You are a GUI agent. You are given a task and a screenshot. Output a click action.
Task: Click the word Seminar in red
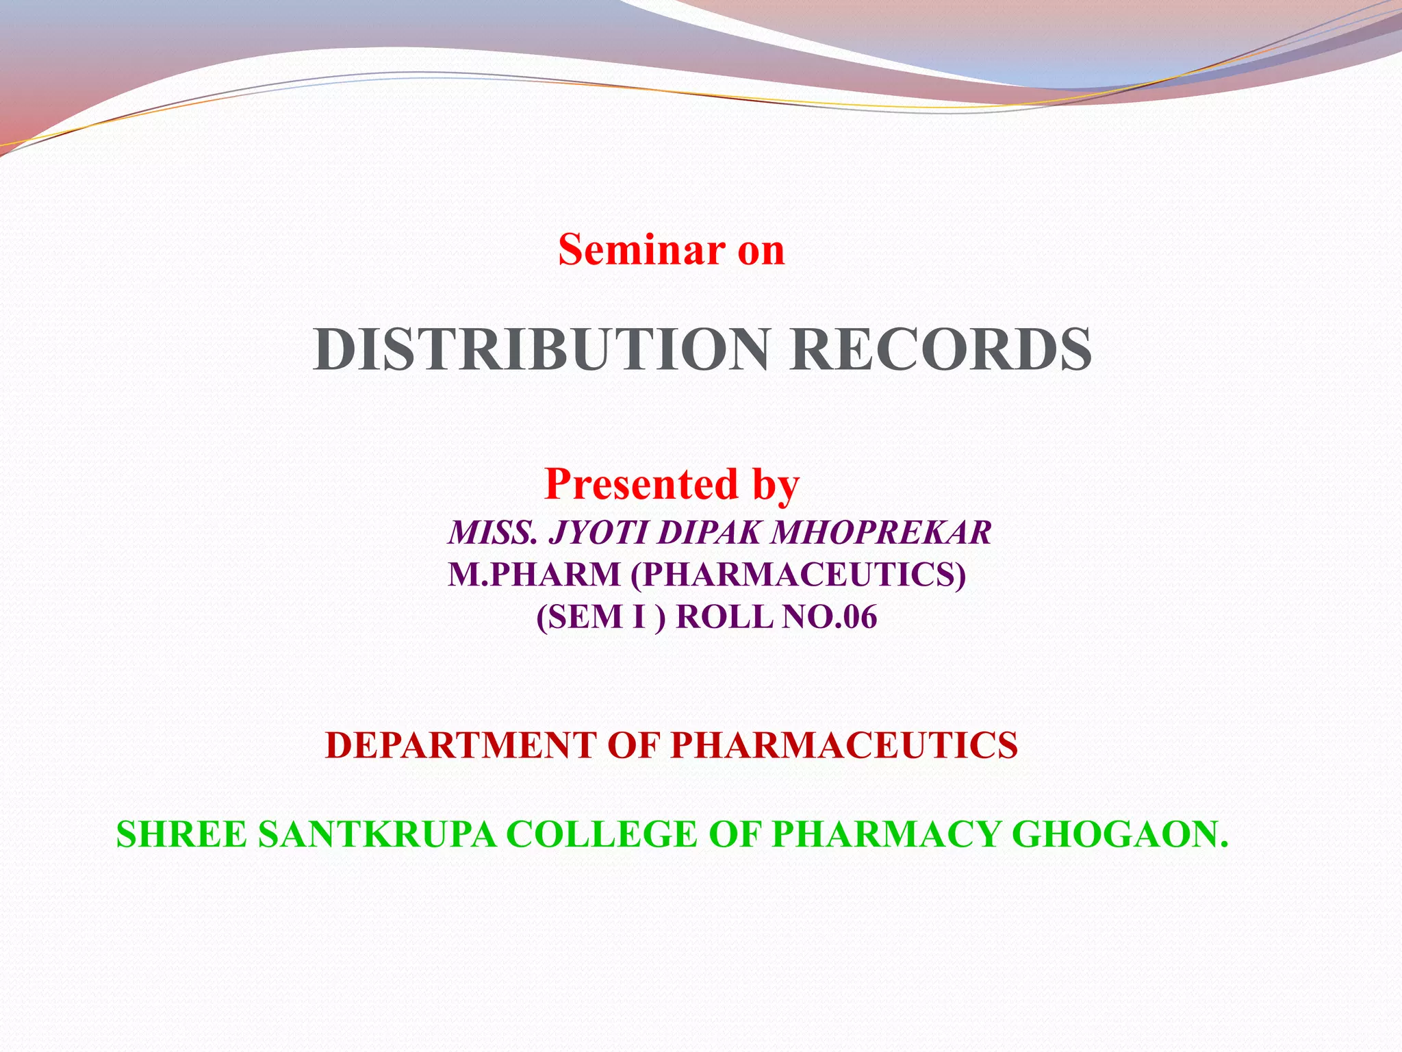[x=641, y=249]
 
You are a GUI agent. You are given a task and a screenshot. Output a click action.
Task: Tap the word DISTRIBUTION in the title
[x=541, y=350]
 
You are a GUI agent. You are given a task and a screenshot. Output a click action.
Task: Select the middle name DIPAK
[x=708, y=533]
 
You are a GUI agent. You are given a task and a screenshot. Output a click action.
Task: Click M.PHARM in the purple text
[x=534, y=574]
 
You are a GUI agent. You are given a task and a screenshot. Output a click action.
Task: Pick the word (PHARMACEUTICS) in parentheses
[x=798, y=574]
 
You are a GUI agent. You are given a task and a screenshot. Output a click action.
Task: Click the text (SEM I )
[x=600, y=616]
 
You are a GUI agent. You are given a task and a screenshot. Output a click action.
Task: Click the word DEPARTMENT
[x=461, y=745]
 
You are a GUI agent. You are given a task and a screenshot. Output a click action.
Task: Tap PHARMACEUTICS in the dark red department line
[x=844, y=745]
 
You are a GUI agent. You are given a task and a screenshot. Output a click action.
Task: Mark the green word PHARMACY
[x=887, y=834]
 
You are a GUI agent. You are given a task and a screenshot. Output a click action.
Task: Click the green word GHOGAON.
[x=1120, y=834]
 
